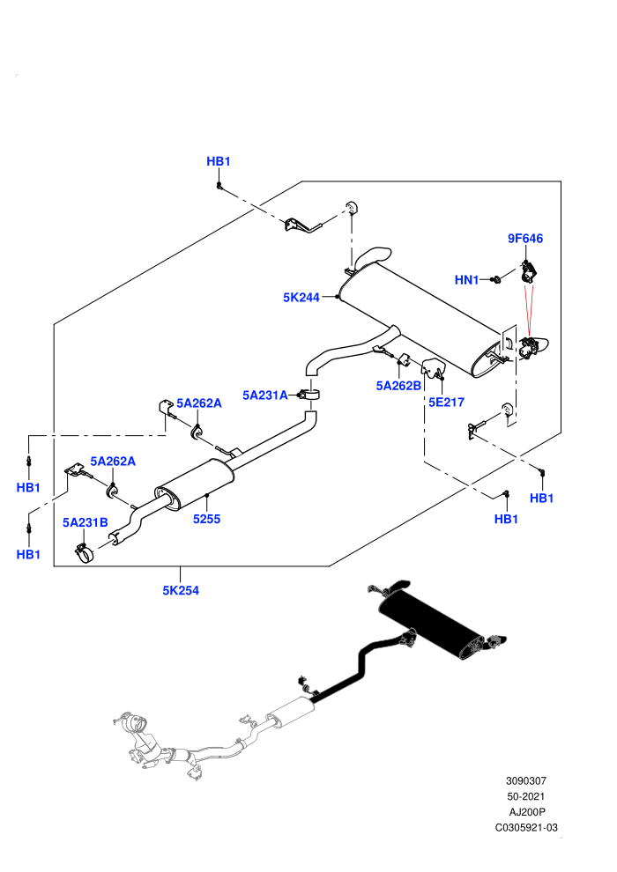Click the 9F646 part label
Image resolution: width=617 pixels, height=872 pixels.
coord(524,239)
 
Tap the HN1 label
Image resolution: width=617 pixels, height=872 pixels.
coord(466,280)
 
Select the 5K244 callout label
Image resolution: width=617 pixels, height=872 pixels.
coord(301,298)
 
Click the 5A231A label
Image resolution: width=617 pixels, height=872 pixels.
coord(264,395)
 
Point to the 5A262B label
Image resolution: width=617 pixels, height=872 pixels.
coord(398,386)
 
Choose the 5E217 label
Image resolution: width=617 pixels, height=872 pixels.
coord(446,402)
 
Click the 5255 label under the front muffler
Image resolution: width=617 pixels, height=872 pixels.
coord(206,519)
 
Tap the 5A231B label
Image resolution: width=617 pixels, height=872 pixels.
coord(85,522)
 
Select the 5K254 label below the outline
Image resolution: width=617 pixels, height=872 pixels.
coord(181,591)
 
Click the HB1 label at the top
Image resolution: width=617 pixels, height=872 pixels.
coord(218,161)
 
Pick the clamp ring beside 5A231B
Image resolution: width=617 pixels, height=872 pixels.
coord(85,553)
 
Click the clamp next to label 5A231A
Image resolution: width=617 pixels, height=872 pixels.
coord(310,395)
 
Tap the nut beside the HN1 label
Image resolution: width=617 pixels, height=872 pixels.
coord(495,280)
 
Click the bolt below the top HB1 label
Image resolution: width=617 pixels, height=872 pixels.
coord(219,185)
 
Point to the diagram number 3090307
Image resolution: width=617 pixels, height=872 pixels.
coord(525,780)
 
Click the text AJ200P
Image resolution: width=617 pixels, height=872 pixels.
coord(527,812)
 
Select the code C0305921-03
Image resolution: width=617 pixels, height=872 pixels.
coord(526,827)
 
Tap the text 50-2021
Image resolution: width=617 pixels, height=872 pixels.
coord(525,796)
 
